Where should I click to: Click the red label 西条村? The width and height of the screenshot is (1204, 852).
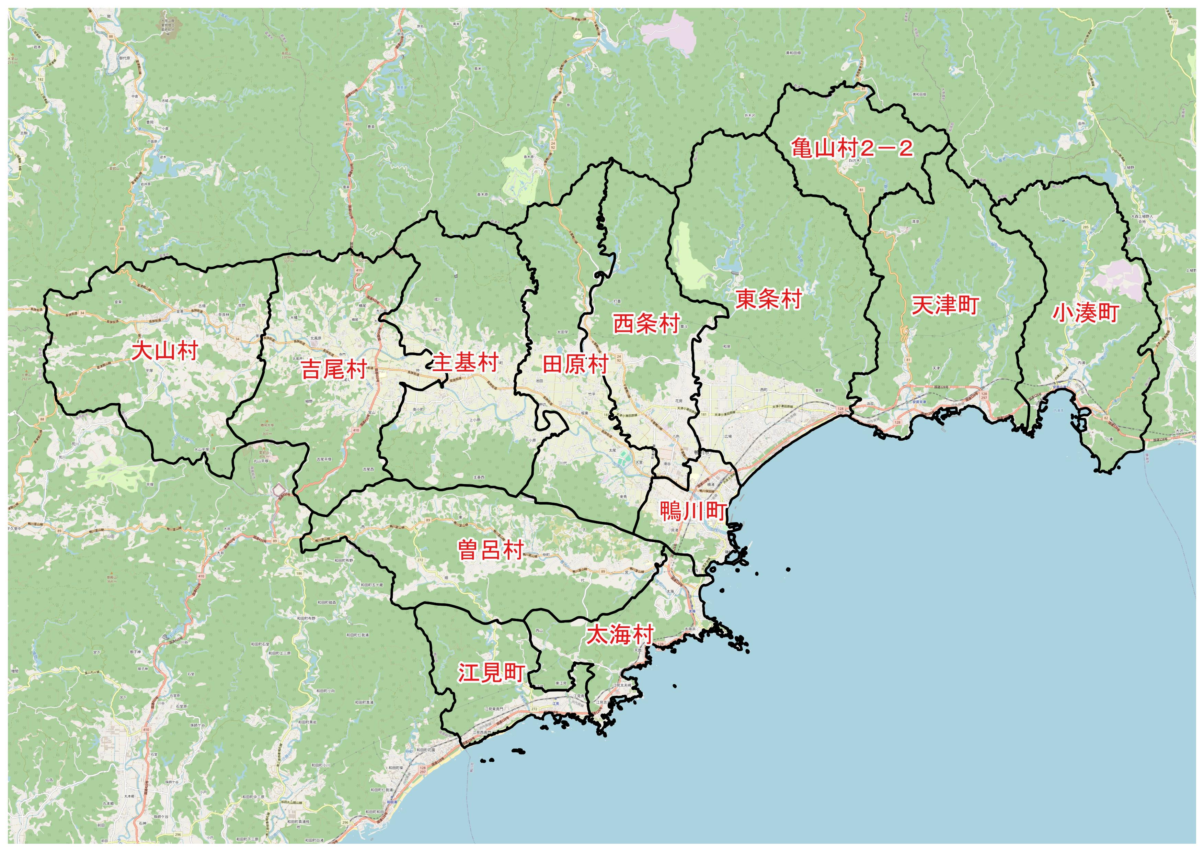click(646, 324)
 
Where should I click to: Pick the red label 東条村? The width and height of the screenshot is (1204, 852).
click(768, 299)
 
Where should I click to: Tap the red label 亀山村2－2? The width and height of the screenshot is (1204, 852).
click(852, 148)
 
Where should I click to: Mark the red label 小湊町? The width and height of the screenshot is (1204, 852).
click(1086, 313)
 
